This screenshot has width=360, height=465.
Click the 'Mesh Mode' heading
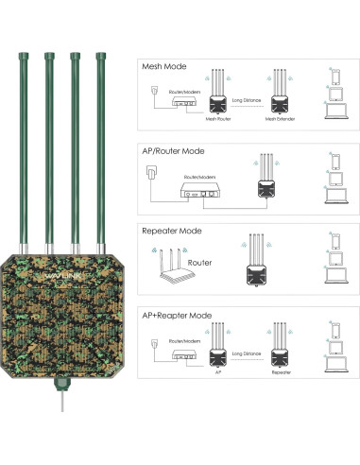(163, 67)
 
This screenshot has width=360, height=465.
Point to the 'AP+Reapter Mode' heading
(177, 314)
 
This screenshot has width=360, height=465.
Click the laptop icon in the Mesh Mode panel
(334, 115)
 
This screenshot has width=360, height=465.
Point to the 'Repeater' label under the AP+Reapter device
(281, 371)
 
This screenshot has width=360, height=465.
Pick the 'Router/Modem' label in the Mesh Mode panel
(184, 91)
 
